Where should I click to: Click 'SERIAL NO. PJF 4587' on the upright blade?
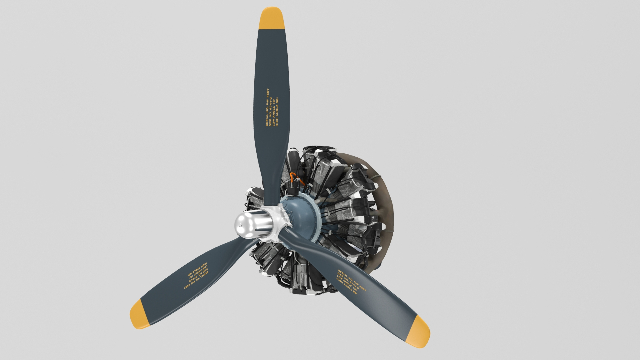[267, 107]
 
